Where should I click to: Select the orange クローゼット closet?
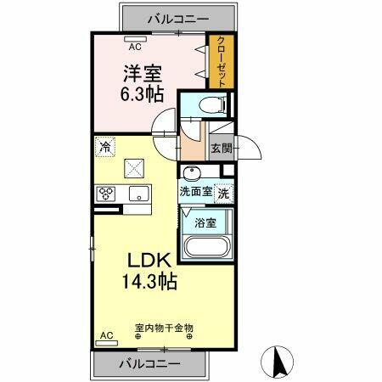[x=220, y=60]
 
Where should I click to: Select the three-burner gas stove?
[x=107, y=194]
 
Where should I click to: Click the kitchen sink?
[x=137, y=195]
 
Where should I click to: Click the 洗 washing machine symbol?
[x=222, y=192]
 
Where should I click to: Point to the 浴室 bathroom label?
[x=205, y=224]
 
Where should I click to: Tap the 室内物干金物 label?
[x=164, y=326]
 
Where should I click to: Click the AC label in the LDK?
[x=108, y=335]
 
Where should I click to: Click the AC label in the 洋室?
[x=133, y=40]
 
